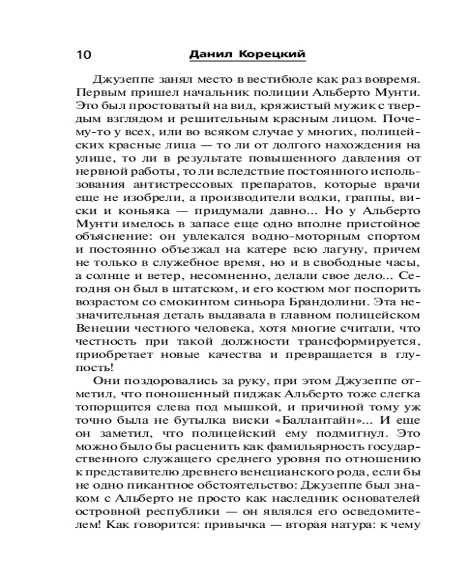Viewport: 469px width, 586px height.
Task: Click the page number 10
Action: [x=84, y=54]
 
